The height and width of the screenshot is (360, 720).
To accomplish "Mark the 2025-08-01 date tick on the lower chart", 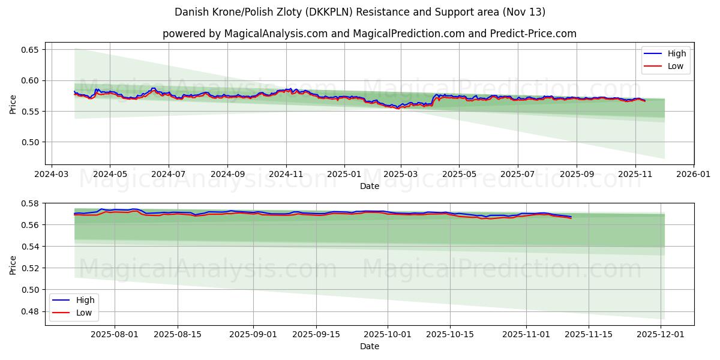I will coord(115,334).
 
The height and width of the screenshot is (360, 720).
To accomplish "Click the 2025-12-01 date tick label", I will coord(661,334).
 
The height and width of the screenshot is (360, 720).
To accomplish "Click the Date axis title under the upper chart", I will coord(369,187).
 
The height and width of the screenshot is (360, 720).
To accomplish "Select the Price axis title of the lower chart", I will coord(13,265).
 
